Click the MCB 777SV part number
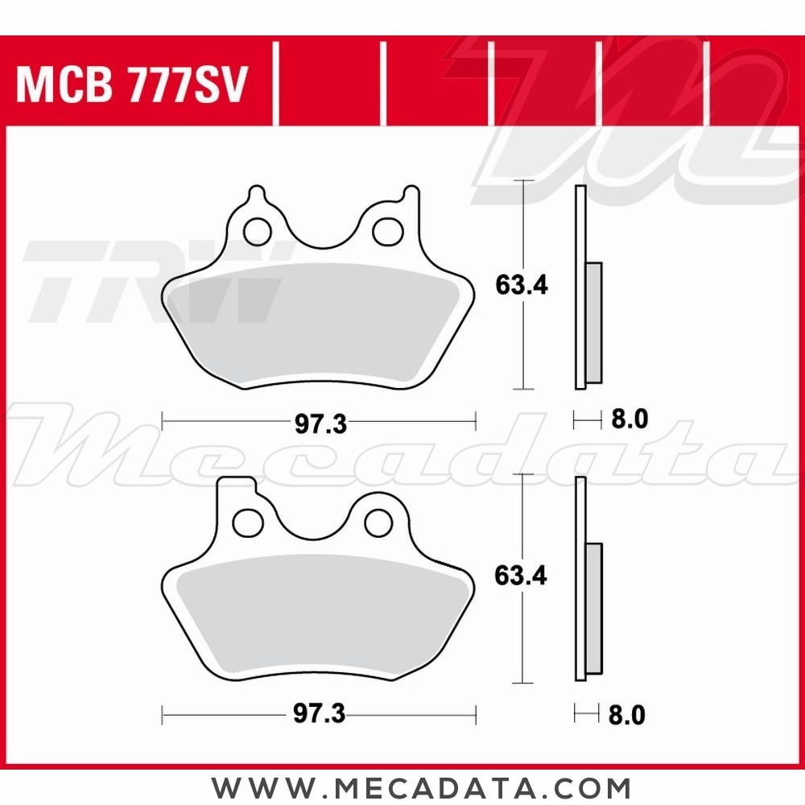[x=130, y=85]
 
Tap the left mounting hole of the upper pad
[x=258, y=231]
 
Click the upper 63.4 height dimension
[x=521, y=285]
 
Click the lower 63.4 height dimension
[x=521, y=576]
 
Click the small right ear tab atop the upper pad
[x=411, y=196]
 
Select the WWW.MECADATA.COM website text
[x=422, y=786]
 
